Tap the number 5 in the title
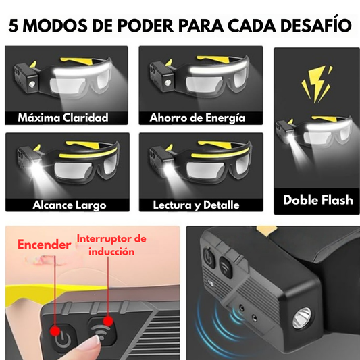[x=14, y=25]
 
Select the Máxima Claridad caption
[x=63, y=118]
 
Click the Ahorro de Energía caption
[x=197, y=118]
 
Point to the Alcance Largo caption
[x=70, y=205]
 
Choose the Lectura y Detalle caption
[x=196, y=205]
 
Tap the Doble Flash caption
[x=318, y=200]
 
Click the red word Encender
[x=45, y=245]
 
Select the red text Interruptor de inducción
[x=111, y=245]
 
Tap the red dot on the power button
[x=55, y=331]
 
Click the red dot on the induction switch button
[x=108, y=321]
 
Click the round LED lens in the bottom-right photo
[x=302, y=317]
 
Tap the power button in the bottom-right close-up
[x=209, y=257]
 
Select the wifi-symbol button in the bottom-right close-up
[x=226, y=267]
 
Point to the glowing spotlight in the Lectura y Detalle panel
[x=168, y=166]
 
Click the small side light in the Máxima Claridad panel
[x=32, y=84]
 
